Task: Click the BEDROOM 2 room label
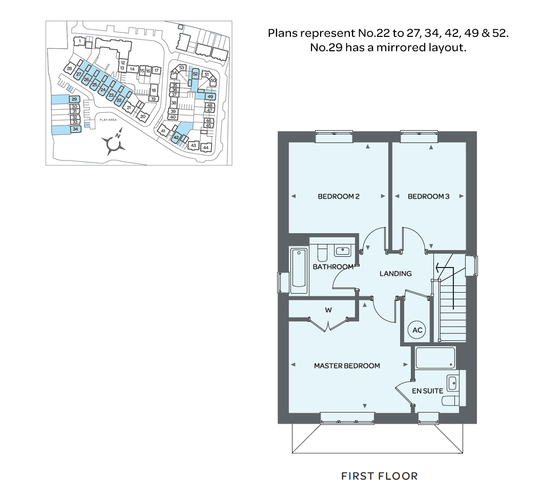[x=338, y=196]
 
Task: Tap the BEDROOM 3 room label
[x=428, y=196]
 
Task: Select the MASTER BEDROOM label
[x=347, y=365]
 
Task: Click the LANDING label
[x=395, y=274]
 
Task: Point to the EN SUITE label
[x=428, y=391]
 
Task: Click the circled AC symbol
[x=417, y=331]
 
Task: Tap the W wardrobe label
[x=328, y=310]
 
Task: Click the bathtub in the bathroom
[x=299, y=271]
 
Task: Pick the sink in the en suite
[x=452, y=382]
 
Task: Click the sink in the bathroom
[x=342, y=251]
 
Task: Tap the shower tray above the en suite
[x=434, y=358]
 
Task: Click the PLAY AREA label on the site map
[x=108, y=119]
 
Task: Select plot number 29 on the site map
[x=74, y=99]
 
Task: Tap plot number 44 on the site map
[x=206, y=148]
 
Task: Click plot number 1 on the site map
[x=80, y=40]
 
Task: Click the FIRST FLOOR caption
[x=380, y=476]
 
